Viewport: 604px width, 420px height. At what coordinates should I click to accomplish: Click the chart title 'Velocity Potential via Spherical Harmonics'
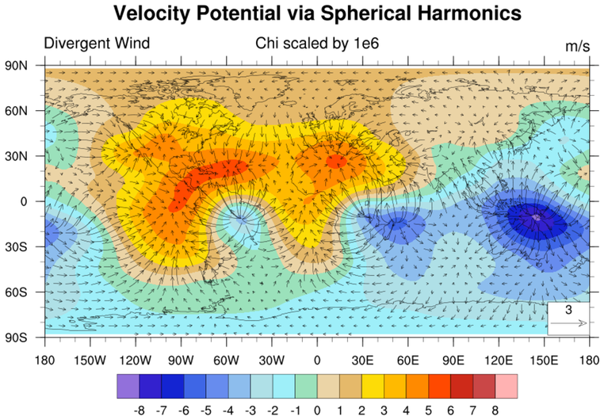pyautogui.click(x=317, y=13)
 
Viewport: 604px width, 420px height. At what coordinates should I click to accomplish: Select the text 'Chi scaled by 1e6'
pyautogui.click(x=317, y=44)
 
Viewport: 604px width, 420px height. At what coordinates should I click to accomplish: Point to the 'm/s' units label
pyautogui.click(x=577, y=46)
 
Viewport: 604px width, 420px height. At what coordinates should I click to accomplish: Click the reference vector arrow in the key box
pyautogui.click(x=568, y=323)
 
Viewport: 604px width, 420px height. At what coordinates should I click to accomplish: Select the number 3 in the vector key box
pyautogui.click(x=568, y=309)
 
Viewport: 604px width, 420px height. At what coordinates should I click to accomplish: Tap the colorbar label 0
pyautogui.click(x=316, y=410)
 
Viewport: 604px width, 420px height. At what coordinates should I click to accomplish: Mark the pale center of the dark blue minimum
pyautogui.click(x=537, y=215)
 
